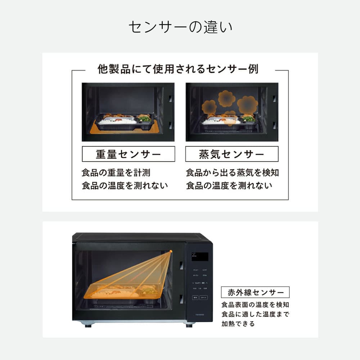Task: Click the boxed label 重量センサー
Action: point(129,154)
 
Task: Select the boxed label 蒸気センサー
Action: point(232,154)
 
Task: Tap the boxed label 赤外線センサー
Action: point(255,292)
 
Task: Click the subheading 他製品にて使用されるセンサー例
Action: point(178,69)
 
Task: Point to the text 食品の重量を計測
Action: point(116,173)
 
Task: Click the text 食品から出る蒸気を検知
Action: point(232,173)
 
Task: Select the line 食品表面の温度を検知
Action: point(255,305)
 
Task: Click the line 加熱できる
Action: point(238,324)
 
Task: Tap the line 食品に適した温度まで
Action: point(255,314)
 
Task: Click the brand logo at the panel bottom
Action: point(199,314)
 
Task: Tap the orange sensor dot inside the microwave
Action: point(171,251)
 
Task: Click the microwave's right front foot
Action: point(189,325)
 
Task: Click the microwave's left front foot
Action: point(87,325)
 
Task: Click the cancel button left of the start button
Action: point(195,298)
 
